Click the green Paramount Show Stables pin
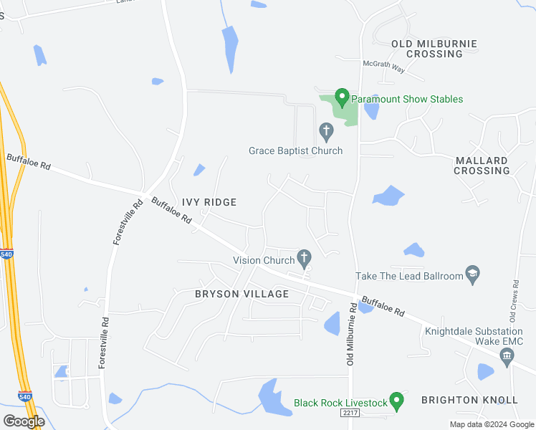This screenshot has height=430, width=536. click(342, 97)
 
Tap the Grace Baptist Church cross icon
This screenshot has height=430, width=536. click(326, 131)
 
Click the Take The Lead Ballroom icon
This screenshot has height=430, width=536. click(472, 274)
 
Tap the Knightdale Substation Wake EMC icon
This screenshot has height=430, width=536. click(508, 359)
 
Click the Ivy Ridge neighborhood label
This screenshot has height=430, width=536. click(209, 203)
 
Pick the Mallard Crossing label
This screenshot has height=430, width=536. click(482, 166)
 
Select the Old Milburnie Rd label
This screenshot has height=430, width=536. click(352, 334)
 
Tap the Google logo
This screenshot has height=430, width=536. click(24, 421)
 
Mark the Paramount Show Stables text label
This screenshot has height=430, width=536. click(407, 99)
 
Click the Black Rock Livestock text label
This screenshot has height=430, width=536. click(340, 403)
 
